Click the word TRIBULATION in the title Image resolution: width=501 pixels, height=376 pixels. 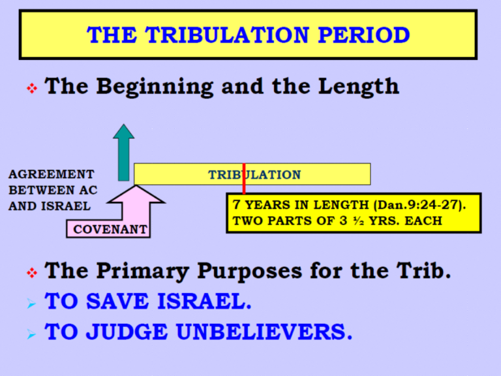[x=228, y=35]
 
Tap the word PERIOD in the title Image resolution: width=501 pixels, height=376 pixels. [x=364, y=35]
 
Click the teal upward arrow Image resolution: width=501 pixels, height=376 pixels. [x=124, y=153]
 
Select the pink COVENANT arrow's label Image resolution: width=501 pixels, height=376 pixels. [x=110, y=229]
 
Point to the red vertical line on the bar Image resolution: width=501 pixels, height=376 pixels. [x=244, y=179]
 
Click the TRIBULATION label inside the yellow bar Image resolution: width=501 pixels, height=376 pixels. [x=254, y=175]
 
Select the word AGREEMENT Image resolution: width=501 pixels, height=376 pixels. [x=52, y=174]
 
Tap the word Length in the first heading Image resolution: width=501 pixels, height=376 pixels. [x=359, y=86]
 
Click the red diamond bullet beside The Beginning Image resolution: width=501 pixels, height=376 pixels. [x=32, y=88]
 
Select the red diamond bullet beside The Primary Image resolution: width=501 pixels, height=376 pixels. [x=32, y=273]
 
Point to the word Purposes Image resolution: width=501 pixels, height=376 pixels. [x=250, y=272]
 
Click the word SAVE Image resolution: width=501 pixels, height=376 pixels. [x=117, y=301]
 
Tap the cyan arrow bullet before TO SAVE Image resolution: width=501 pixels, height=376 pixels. [x=31, y=303]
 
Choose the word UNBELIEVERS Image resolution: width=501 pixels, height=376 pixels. [x=264, y=332]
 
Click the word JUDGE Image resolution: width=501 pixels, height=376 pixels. [x=127, y=332]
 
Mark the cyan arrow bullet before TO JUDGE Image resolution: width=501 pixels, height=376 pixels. [x=31, y=334]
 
